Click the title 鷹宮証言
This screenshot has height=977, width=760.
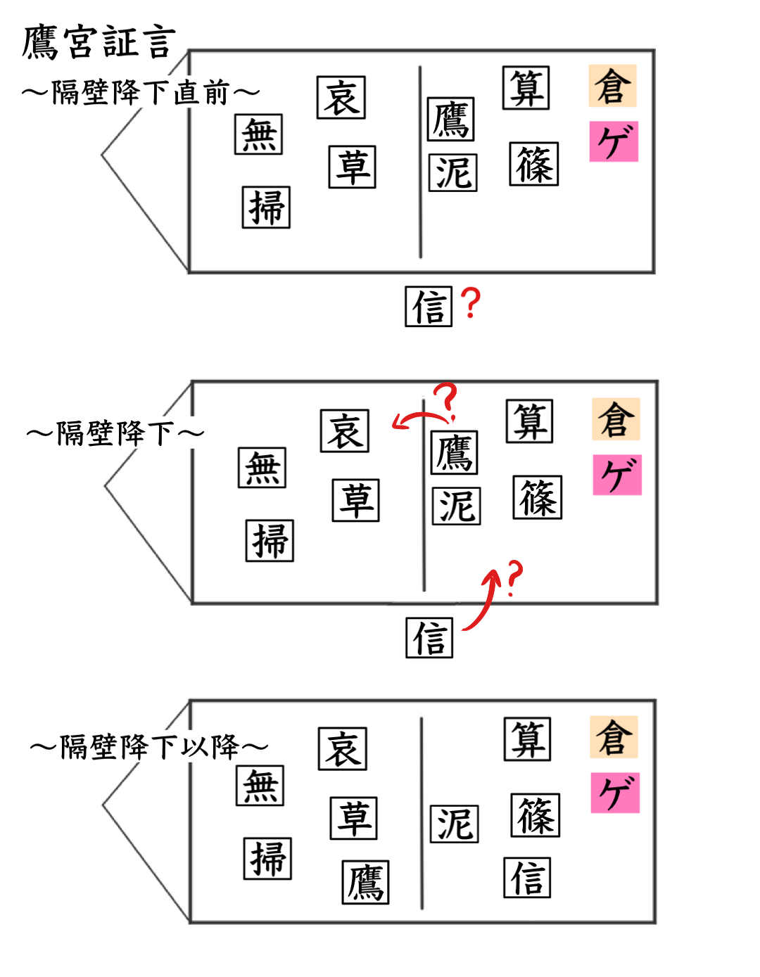click(x=99, y=42)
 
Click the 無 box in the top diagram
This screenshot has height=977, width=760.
click(x=258, y=134)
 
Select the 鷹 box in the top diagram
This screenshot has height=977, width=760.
click(x=450, y=120)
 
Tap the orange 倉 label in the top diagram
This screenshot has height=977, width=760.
click(x=612, y=86)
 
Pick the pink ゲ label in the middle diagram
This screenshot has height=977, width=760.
click(x=617, y=475)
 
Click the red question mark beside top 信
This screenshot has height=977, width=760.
click(x=471, y=303)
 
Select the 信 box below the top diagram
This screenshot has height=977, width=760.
click(x=429, y=307)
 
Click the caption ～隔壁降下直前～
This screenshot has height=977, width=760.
click(x=141, y=92)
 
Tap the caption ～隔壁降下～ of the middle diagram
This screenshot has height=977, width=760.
click(x=115, y=433)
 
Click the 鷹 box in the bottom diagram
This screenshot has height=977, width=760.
click(x=365, y=883)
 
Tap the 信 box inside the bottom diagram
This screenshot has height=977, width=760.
click(x=527, y=878)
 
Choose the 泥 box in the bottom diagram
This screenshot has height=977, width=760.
click(x=455, y=824)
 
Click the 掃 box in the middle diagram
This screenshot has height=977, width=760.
click(x=270, y=541)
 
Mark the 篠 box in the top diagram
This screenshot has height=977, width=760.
click(x=534, y=165)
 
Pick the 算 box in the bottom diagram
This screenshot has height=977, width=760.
click(x=527, y=739)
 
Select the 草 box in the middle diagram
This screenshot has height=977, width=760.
click(x=355, y=501)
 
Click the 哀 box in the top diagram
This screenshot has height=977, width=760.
click(x=341, y=98)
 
